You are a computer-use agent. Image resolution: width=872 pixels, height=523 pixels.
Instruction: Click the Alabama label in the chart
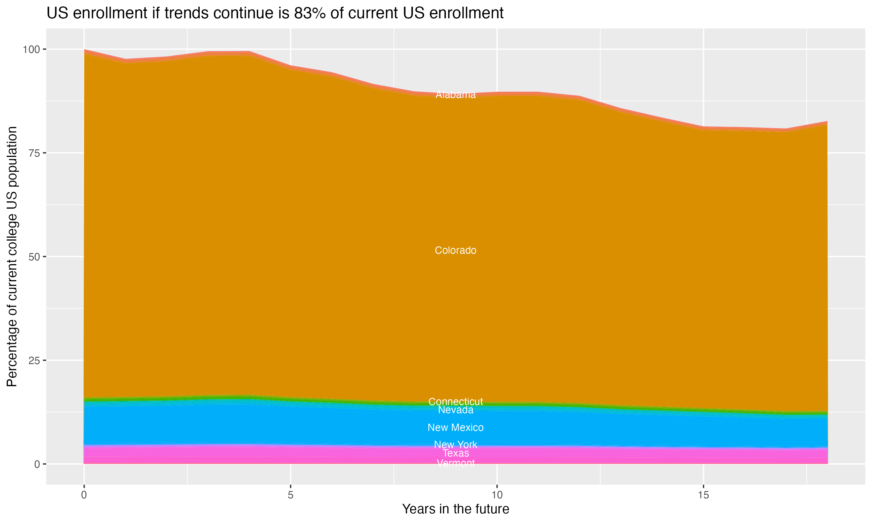455,94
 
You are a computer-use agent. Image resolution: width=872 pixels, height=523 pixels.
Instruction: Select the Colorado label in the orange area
455,250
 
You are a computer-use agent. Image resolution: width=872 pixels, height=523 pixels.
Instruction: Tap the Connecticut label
455,402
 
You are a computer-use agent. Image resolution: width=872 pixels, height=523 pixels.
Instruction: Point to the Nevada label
455,410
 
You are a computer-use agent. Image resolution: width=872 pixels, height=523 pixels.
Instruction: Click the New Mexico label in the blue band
455,427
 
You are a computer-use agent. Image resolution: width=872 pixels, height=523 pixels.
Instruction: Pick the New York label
455,445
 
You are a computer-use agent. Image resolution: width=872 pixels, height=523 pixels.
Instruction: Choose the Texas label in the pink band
455,453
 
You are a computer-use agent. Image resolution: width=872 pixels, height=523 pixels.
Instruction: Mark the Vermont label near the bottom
455,463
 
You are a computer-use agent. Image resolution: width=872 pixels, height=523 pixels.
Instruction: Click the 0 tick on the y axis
37,464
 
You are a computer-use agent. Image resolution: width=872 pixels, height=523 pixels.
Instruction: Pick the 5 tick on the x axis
290,495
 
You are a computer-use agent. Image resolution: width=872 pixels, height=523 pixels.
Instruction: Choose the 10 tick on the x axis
497,495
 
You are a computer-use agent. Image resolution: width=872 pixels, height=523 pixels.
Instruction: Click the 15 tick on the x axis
703,495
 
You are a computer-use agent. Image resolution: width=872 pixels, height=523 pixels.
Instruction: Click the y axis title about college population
12,256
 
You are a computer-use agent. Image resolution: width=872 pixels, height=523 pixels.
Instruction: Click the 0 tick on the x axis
84,495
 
